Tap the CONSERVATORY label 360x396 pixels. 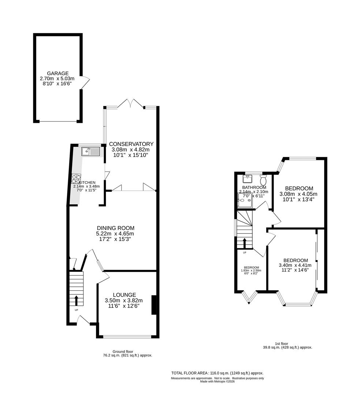131,144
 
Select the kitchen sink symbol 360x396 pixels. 91,151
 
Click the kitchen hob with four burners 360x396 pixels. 76,179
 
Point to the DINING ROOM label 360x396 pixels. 116,228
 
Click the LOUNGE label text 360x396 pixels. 125,295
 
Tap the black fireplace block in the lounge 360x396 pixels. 154,305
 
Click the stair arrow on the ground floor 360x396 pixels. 76,300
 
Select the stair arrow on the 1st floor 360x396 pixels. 245,243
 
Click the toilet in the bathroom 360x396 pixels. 263,180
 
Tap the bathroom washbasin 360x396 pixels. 248,179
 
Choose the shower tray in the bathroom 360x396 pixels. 245,201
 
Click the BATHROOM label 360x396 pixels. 254,187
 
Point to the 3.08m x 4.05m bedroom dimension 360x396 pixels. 298,194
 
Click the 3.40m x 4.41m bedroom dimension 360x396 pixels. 295,265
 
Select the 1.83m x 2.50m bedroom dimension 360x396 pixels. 251,271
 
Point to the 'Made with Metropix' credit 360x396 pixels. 218,382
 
